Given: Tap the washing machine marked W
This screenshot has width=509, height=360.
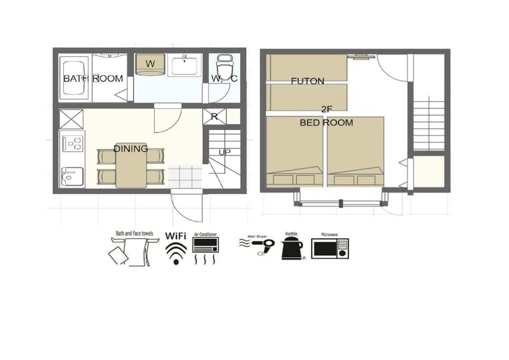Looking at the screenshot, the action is pyautogui.click(x=150, y=64).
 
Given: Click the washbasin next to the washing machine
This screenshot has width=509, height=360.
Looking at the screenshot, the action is pyautogui.click(x=184, y=65).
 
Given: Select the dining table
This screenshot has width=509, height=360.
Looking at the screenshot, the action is pyautogui.click(x=131, y=165).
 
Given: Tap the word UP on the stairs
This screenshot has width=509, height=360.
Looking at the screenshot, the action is pyautogui.click(x=224, y=152).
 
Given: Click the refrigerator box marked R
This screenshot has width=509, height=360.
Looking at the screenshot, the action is pyautogui.click(x=214, y=116).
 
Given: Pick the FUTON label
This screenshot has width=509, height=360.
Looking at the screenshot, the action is pyautogui.click(x=307, y=81).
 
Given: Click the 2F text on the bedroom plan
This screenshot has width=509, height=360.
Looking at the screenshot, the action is pyautogui.click(x=327, y=110).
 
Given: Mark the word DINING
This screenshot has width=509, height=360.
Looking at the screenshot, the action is pyautogui.click(x=131, y=149).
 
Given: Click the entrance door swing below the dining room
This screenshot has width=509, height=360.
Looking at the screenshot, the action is pyautogui.click(x=187, y=208).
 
